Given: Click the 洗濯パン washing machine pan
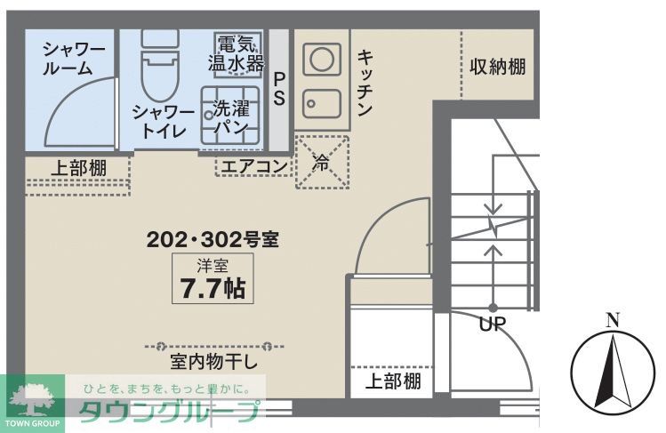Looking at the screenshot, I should pos(229,116).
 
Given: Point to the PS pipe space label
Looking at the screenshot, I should pos(279,88).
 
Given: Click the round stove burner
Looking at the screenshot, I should pos(320,60).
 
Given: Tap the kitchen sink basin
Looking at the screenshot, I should pos(320,104).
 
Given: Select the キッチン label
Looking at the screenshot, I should pos(365,83).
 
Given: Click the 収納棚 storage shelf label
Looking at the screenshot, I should pos(498,68).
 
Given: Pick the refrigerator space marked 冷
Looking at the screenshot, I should pos(322,162).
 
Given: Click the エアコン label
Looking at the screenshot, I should pos(253,166).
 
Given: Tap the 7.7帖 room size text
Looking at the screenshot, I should pos(213,288).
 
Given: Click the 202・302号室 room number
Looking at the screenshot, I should pos(213,239).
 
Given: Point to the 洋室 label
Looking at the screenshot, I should pos(213,264).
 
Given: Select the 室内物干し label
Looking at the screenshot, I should pos(213,363).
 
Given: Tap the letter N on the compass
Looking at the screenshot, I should pos(611,321).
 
